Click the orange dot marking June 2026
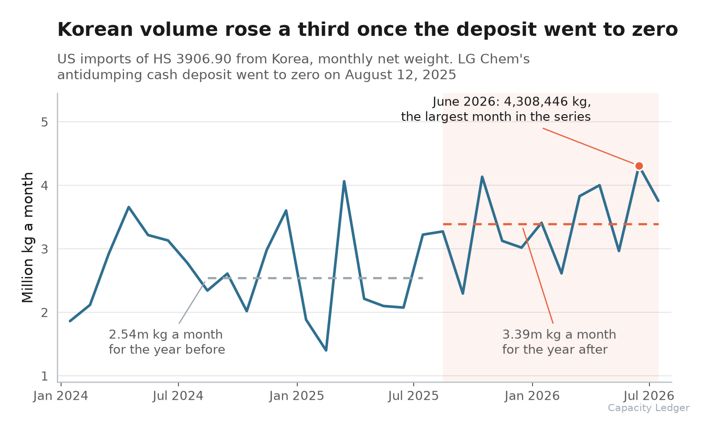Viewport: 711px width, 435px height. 639,166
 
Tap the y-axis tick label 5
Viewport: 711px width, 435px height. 44,122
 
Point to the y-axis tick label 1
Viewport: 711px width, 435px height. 44,376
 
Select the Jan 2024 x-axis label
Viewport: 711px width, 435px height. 60,396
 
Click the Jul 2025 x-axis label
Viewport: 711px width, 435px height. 413,396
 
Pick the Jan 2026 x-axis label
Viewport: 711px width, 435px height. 532,396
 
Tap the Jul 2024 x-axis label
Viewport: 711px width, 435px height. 178,396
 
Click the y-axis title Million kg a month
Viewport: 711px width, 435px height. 28,237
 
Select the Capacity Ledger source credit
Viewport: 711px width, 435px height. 648,408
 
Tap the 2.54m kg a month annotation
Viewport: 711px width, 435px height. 166,334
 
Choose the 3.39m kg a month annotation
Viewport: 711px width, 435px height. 559,334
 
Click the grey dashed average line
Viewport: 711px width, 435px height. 315,278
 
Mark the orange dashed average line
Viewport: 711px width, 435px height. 551,224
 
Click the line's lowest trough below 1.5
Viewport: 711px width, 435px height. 326,350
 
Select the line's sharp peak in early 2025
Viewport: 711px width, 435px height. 344,181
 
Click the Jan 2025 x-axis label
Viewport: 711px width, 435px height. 296,396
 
